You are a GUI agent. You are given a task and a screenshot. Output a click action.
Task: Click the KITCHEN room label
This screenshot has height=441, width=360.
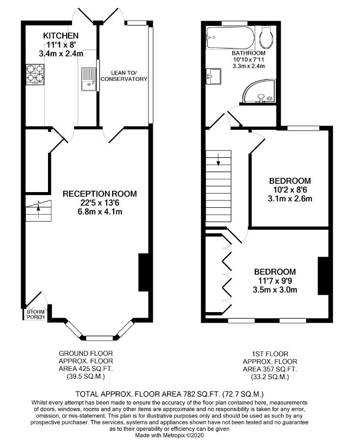(x=61, y=36)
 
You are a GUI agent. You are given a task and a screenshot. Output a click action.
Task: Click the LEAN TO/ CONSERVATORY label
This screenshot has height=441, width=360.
(x=123, y=75)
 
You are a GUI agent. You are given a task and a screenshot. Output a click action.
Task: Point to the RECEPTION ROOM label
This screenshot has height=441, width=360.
(x=99, y=194)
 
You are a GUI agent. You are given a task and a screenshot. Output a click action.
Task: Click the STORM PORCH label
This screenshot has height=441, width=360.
(x=35, y=314)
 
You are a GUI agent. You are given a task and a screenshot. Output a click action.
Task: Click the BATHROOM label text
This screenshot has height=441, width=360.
(x=249, y=53)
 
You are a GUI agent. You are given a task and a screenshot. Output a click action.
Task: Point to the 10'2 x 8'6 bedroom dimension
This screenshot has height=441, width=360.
(x=289, y=190)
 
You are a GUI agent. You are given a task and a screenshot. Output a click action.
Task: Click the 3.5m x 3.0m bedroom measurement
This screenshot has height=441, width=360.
(x=275, y=290)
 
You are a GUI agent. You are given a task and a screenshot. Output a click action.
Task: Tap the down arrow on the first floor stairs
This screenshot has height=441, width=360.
(x=218, y=160)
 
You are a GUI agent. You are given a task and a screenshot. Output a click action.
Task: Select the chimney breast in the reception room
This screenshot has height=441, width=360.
(x=144, y=272)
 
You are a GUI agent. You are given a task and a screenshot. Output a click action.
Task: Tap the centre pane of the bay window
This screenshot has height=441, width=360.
(x=100, y=338)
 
